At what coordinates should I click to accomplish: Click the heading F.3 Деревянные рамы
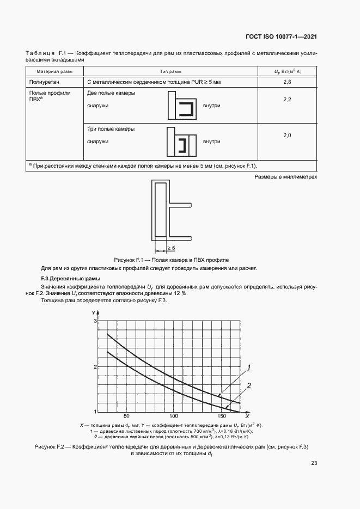coord(60,279)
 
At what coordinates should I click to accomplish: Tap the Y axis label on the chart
coord(93,311)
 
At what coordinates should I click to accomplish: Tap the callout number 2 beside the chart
coord(248,386)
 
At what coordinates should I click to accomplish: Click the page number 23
coord(314,463)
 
